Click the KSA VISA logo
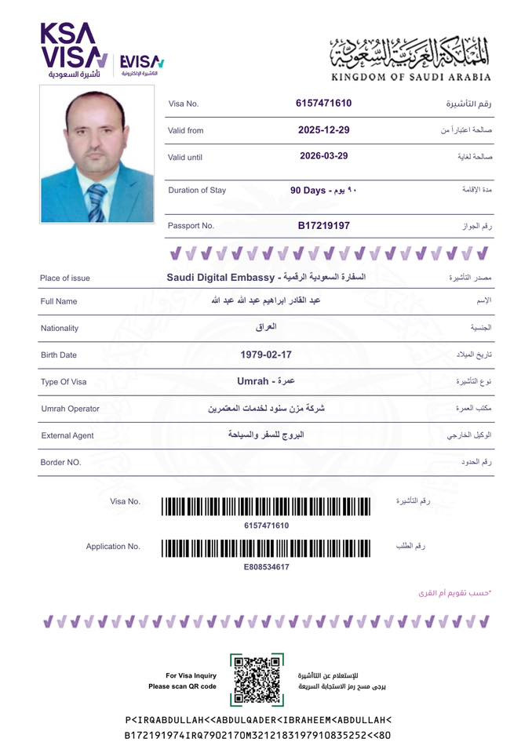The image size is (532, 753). point(73,49)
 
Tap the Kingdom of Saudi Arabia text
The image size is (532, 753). point(411,77)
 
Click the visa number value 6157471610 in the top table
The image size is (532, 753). point(323,104)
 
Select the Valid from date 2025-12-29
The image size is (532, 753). point(323,129)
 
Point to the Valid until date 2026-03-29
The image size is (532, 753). point(323,156)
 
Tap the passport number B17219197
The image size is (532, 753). point(323,226)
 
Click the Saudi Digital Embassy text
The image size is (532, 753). point(219,278)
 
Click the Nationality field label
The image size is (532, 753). point(60,329)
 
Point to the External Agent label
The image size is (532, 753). point(67,435)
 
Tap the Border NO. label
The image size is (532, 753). point(60,463)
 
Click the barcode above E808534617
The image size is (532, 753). point(265,547)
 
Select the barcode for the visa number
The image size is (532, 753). point(265,506)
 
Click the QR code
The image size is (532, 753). point(257,679)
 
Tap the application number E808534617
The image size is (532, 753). point(266,566)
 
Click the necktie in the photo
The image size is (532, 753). point(97,202)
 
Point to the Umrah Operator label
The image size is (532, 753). point(70,409)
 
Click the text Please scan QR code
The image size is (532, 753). point(182,686)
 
